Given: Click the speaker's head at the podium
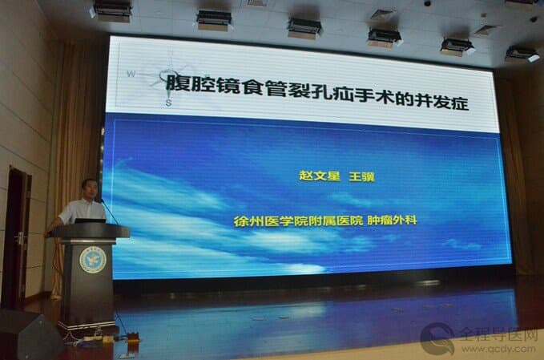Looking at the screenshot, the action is coord(89,189).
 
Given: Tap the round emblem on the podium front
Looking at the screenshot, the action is coord(93,259).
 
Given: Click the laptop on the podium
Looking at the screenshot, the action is coord(90,220).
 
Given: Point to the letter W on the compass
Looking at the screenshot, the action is coord(131,74).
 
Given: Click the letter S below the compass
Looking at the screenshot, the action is coord(168,103).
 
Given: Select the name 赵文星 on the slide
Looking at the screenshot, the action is coord(320,176).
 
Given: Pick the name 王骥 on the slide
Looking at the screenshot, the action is coord(361,176).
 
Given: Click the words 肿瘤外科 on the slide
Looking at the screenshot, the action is coord(392,220).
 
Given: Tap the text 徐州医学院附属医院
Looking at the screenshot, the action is coord(298,220).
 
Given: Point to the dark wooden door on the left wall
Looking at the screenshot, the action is coord(17,238).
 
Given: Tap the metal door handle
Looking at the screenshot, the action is coord(21,238).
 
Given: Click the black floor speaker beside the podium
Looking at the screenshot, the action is coord(30,335).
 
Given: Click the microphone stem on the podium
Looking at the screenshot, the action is coord(110,212).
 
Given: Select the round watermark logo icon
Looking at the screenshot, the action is coord(437,338).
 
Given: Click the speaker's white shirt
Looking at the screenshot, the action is coord(83,211).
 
